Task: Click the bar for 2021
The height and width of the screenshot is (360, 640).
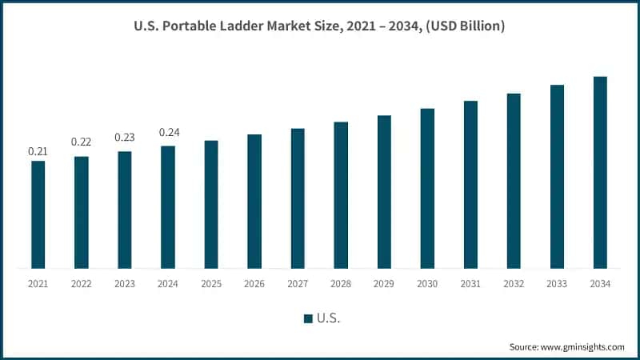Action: (38, 214)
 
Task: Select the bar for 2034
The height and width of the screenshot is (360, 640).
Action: (600, 172)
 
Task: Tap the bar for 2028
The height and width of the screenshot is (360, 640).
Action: (341, 195)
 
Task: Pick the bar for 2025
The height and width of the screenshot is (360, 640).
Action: (211, 204)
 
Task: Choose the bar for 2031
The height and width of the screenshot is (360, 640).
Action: (470, 184)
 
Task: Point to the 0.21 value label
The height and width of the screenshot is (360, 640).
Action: (38, 151)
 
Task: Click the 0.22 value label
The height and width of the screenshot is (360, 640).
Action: (81, 142)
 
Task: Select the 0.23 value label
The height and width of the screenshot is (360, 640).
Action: (124, 137)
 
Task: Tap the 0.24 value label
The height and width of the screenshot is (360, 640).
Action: (168, 132)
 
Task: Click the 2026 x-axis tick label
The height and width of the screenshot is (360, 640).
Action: (254, 283)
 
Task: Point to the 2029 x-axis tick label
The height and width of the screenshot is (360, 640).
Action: (384, 283)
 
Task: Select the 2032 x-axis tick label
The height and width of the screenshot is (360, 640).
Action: (514, 283)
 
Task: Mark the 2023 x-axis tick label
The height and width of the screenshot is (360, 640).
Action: (125, 283)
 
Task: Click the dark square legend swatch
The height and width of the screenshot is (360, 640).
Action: (308, 319)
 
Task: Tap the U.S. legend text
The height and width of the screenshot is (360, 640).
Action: (329, 318)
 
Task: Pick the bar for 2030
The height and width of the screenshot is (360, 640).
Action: (427, 188)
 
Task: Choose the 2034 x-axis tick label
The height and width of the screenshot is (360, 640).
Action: (600, 283)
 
